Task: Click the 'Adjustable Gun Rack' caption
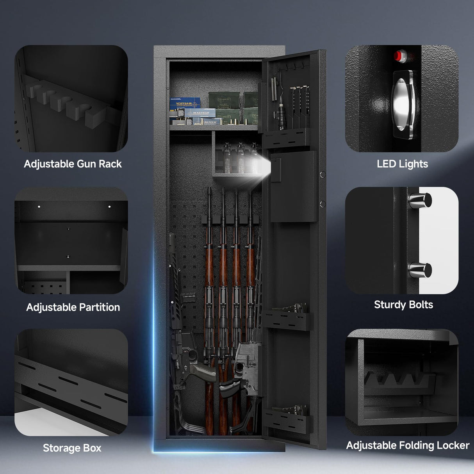point(73,164)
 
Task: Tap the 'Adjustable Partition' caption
point(73,307)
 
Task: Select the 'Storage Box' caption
point(72,448)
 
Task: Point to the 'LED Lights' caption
point(402,164)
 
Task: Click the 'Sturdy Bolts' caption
point(403,305)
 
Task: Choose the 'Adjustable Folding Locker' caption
point(408,445)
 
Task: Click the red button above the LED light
point(399,55)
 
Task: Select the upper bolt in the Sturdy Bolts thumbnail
point(420,200)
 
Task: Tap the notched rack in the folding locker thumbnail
point(398,381)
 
